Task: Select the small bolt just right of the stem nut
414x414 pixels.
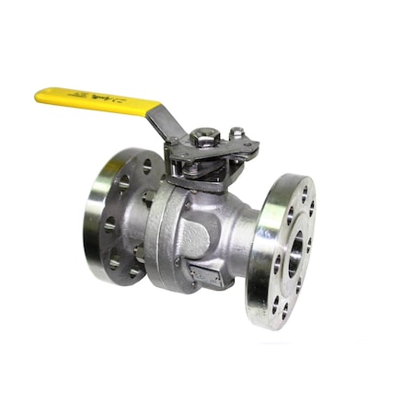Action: tap(236, 133)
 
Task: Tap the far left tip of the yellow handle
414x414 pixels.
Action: tap(39, 93)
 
